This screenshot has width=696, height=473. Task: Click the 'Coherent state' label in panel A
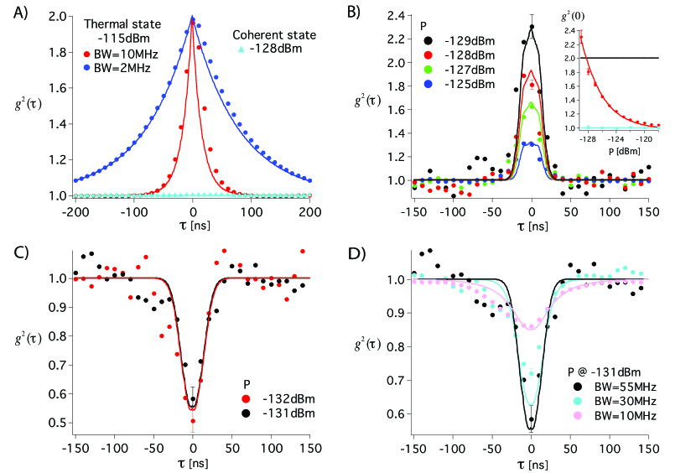[x=273, y=34]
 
